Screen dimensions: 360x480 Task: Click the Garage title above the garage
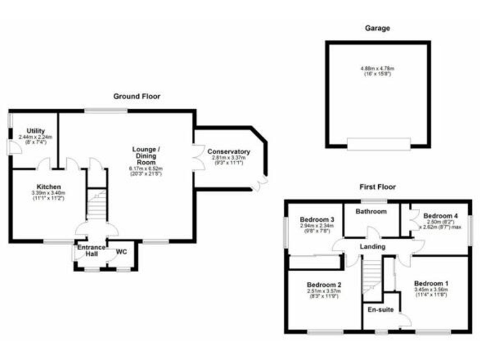[377, 28]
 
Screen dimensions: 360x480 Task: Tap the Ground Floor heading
[136, 96]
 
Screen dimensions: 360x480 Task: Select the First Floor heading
[377, 186]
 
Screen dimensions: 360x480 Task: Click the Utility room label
[36, 131]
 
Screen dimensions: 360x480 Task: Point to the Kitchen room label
[48, 187]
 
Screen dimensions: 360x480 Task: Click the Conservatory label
[229, 152]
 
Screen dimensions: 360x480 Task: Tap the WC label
[121, 252]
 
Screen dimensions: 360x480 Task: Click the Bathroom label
[371, 211]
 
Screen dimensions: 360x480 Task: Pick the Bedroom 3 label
[317, 219]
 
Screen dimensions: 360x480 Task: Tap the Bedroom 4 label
[440, 216]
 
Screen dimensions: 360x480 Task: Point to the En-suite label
[380, 309]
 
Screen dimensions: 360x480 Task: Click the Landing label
[372, 247]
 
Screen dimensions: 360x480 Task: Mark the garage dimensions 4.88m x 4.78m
[377, 68]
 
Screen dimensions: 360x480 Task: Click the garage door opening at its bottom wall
[379, 144]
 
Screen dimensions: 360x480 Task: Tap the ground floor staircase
[96, 203]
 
